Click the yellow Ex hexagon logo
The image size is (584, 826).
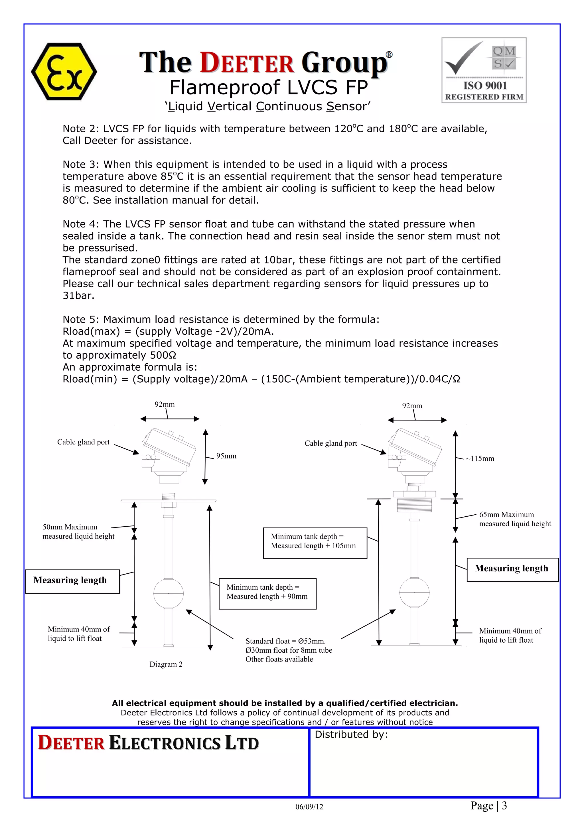point(64,72)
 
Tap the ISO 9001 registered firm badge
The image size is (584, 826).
point(484,70)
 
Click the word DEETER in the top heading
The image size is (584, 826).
point(247,63)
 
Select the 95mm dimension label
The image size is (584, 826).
point(226,456)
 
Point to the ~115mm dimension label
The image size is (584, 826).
point(480,459)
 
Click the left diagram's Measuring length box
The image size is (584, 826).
point(72,581)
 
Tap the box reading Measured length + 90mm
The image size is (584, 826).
point(267,594)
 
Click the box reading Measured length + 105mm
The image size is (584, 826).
point(315,543)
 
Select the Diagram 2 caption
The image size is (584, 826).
point(166,664)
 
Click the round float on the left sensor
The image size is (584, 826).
point(169,593)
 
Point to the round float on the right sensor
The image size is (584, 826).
point(415,592)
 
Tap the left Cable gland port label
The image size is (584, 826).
point(83,442)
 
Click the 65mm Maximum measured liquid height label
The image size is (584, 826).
point(514,519)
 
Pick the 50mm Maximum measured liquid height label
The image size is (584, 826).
point(78,531)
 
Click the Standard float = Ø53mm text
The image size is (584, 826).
point(285,641)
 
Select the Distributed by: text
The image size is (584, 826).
point(351,735)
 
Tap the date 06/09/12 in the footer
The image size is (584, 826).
point(309,807)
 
